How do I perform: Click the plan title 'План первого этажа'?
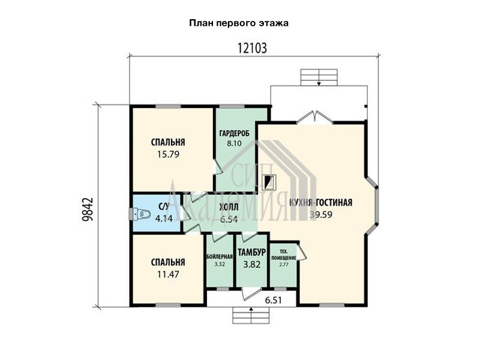[x=238, y=23]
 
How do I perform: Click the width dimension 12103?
[x=252, y=49]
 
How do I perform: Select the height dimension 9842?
[x=87, y=209]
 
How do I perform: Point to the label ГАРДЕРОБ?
[x=234, y=133]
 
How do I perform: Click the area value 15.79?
[x=168, y=154]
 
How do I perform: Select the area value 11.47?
[x=168, y=274]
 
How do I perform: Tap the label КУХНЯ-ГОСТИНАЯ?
[x=320, y=202]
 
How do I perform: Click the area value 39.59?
[x=321, y=214]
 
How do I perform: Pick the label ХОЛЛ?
[x=229, y=207]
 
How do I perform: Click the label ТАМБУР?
[x=252, y=252]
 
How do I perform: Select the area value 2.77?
[x=284, y=265]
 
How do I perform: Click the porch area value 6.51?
[x=273, y=301]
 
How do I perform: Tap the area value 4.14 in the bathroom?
[x=164, y=218]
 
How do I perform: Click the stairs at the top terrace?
[x=319, y=77]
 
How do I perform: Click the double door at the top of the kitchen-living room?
[x=315, y=118]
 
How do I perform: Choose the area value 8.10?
[x=234, y=143]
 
